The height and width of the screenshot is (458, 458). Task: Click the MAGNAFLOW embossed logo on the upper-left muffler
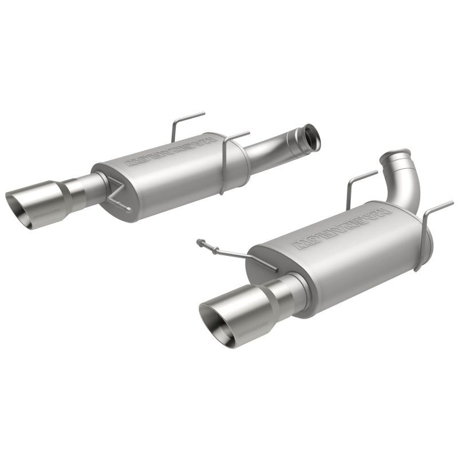tap(167, 153)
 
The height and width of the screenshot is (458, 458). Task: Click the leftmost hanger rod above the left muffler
tap(182, 123)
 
